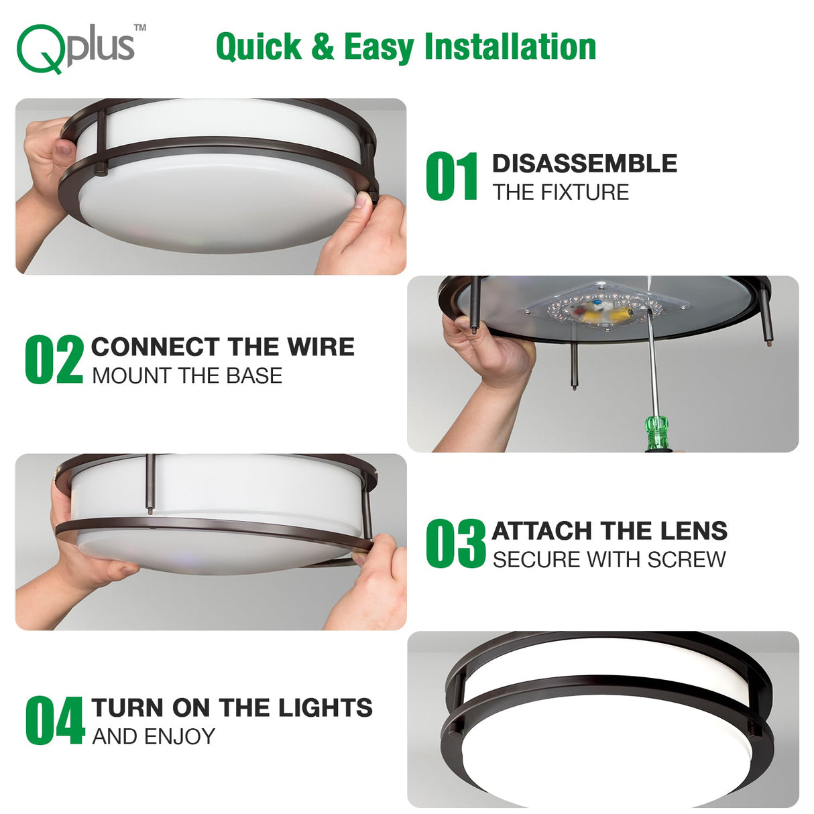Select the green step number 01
[x=451, y=176]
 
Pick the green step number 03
[x=455, y=543]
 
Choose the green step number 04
[x=55, y=721]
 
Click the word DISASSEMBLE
[x=585, y=164]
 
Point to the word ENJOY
[x=180, y=737]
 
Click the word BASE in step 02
[x=254, y=375]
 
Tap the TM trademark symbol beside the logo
[x=140, y=28]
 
